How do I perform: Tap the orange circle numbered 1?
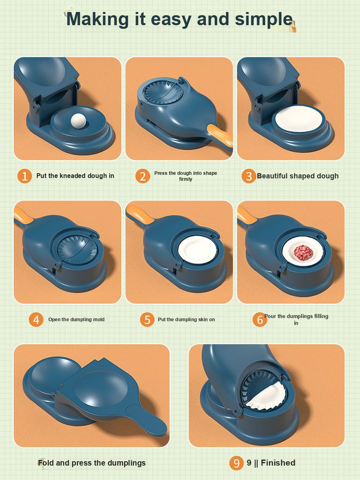pyautogui.click(x=24, y=176)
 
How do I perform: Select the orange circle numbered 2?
pyautogui.click(x=142, y=176)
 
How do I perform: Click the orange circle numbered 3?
pyautogui.click(x=248, y=176)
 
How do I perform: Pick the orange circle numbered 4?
pyautogui.click(x=36, y=320)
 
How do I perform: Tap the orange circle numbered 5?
pyautogui.click(x=147, y=320)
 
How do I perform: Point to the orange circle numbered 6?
pyautogui.click(x=259, y=320)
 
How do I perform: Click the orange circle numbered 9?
pyautogui.click(x=236, y=463)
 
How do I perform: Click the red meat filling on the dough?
pyautogui.click(x=302, y=253)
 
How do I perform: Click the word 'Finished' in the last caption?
pyautogui.click(x=278, y=463)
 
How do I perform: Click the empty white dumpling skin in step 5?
pyautogui.click(x=197, y=249)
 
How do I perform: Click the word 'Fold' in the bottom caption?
pyautogui.click(x=46, y=463)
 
